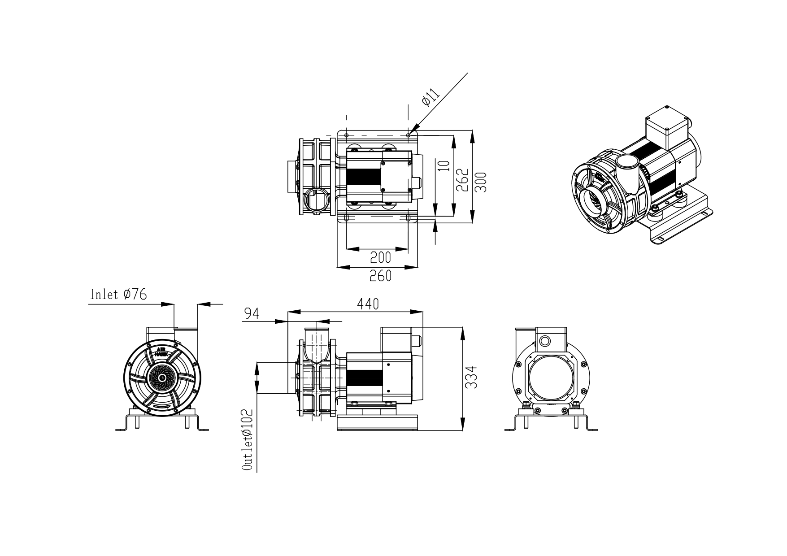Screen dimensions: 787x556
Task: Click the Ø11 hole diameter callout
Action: pyautogui.click(x=430, y=98)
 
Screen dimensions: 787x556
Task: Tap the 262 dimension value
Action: pyautogui.click(x=462, y=180)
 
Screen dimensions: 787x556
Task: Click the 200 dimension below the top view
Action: pyautogui.click(x=380, y=257)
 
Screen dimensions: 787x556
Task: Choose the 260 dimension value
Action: pyautogui.click(x=380, y=276)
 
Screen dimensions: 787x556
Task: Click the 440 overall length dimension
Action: pyautogui.click(x=368, y=304)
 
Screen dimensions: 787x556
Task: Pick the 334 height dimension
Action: pyautogui.click(x=471, y=378)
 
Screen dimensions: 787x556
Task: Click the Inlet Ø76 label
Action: pyautogui.click(x=118, y=295)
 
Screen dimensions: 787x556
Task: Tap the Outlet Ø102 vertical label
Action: pyautogui.click(x=247, y=439)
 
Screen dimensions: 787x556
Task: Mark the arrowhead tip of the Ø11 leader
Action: pyautogui.click(x=409, y=134)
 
